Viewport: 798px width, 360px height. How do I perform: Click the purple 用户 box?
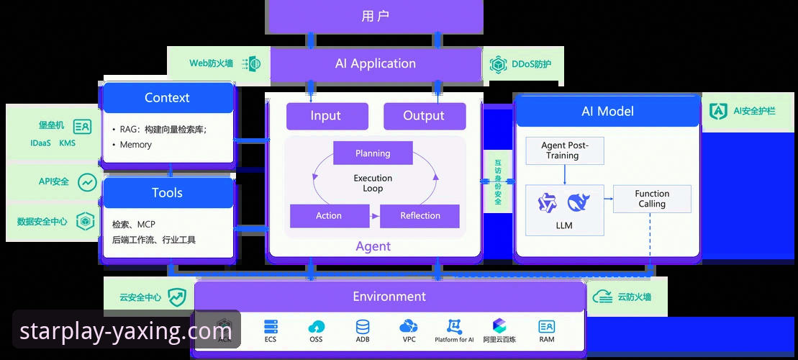point(374,16)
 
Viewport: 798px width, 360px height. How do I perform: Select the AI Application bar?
point(375,63)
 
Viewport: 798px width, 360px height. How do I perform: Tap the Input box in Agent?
point(327,116)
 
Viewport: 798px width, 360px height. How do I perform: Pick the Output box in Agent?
point(424,116)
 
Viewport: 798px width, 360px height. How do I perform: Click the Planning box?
point(373,153)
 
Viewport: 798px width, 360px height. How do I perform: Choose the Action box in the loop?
point(329,216)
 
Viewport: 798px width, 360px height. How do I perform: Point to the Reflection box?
point(420,216)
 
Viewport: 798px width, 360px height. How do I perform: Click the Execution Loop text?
point(373,183)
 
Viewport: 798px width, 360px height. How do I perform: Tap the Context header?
point(167,98)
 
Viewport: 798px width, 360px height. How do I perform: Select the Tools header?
point(167,193)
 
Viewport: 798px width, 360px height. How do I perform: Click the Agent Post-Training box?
point(565,150)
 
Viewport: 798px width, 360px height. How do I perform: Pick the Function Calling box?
point(652,199)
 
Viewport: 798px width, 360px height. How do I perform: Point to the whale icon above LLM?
point(579,204)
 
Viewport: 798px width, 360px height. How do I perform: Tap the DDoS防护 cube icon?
point(498,64)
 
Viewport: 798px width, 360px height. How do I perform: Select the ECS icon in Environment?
point(271,326)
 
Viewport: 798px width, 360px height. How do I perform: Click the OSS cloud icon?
point(316,326)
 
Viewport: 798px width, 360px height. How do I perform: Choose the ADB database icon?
point(362,326)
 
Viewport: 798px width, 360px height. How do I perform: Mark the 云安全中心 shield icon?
point(177,297)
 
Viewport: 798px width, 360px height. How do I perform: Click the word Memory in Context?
point(135,145)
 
